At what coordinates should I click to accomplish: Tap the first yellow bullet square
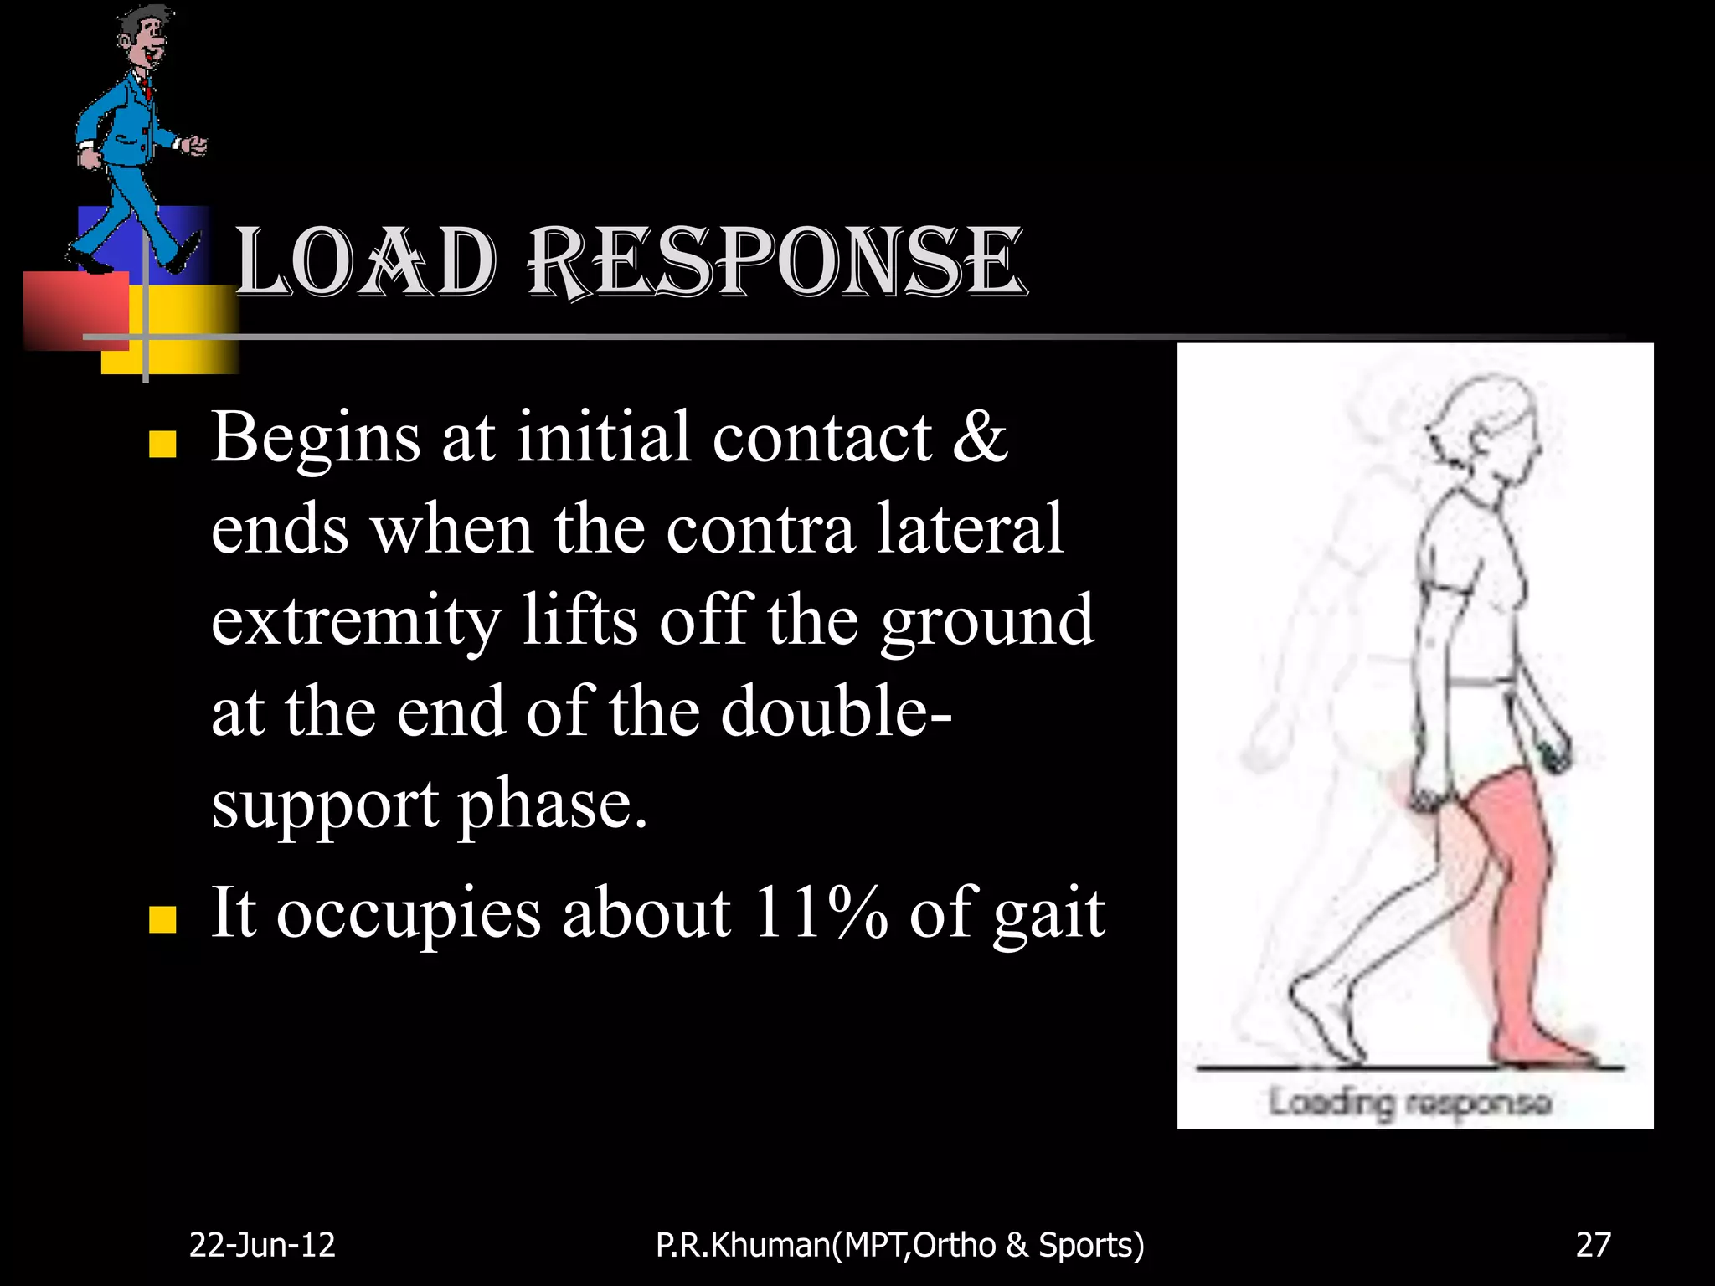pyautogui.click(x=162, y=445)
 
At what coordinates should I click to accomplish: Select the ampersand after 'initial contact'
pyautogui.click(x=980, y=437)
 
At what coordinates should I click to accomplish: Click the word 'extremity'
pyautogui.click(x=356, y=621)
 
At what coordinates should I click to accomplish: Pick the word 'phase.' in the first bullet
pyautogui.click(x=553, y=804)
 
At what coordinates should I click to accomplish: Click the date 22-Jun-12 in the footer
pyautogui.click(x=262, y=1245)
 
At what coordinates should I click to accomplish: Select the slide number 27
pyautogui.click(x=1593, y=1245)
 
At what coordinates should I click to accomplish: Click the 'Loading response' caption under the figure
pyautogui.click(x=1410, y=1102)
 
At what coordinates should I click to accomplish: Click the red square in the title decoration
pyautogui.click(x=75, y=310)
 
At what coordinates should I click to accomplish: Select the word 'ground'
pyautogui.click(x=986, y=621)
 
